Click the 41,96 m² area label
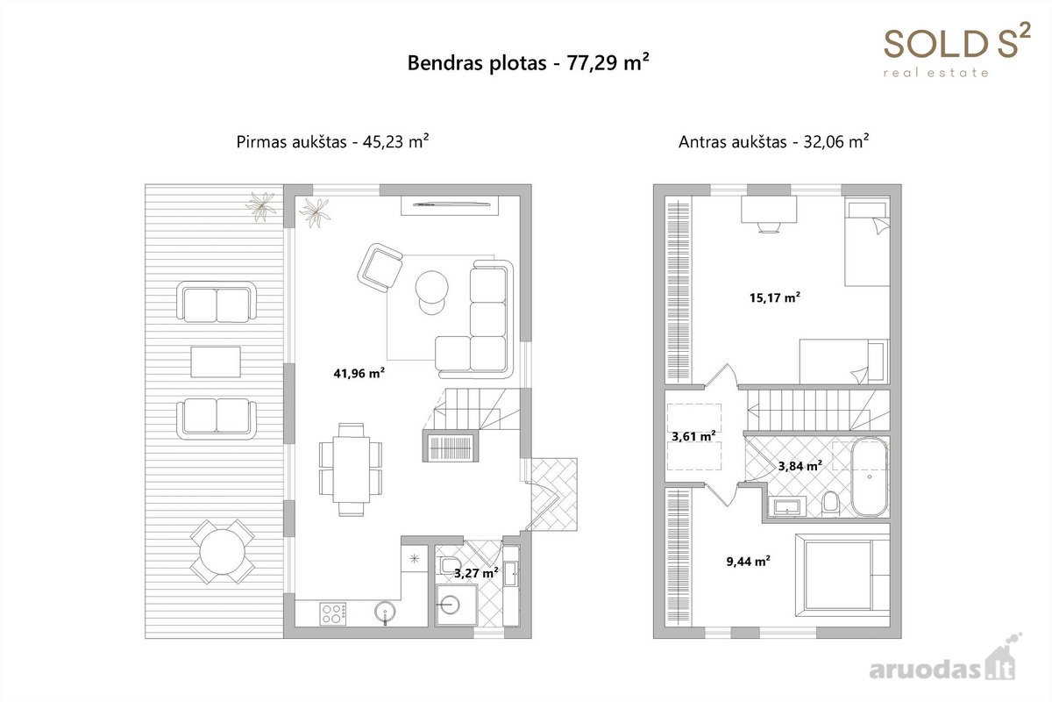click(359, 373)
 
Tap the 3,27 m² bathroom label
click(476, 573)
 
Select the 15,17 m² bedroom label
click(775, 297)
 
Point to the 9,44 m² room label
click(748, 561)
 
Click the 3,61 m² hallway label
click(693, 436)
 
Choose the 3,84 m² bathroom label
click(800, 465)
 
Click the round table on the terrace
click(222, 552)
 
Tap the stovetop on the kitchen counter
click(333, 613)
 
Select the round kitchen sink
click(385, 612)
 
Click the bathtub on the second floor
click(870, 476)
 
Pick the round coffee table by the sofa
click(431, 287)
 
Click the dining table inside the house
click(351, 469)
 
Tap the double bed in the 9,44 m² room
click(842, 575)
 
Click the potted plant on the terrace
click(261, 206)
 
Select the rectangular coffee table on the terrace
click(216, 362)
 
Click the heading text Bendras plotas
click(477, 63)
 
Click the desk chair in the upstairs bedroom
click(769, 227)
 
